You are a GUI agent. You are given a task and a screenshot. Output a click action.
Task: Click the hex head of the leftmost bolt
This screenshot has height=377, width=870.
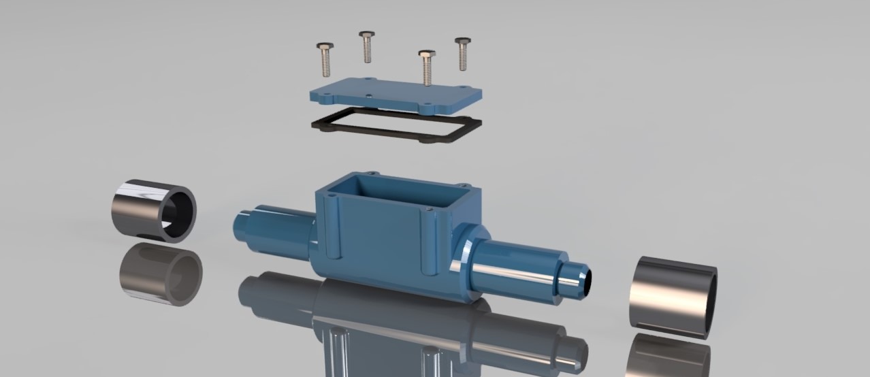coord(324,48)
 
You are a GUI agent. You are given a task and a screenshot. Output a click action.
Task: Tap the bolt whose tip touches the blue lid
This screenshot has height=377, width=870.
coord(427,68)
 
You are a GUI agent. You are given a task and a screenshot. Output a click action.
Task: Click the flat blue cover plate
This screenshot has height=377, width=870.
coord(395,96)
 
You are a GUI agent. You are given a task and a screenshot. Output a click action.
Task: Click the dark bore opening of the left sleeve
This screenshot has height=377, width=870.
coord(178,211)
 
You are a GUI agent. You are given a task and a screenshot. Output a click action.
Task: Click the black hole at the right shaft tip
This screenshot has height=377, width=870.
coord(587,280)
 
